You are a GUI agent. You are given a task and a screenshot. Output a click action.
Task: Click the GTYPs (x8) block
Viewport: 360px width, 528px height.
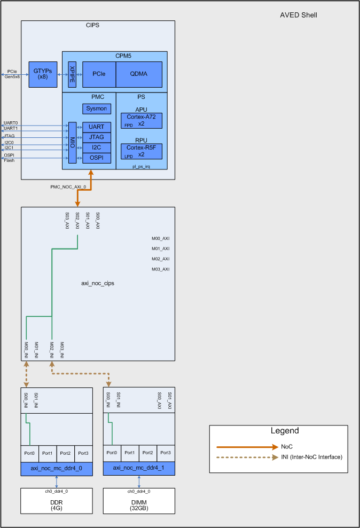point(43,74)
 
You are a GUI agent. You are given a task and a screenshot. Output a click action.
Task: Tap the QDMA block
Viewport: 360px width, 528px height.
point(139,74)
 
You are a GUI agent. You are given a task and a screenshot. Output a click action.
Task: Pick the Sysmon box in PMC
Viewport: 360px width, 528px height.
point(97,108)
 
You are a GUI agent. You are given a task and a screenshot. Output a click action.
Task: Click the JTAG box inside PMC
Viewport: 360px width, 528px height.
point(97,137)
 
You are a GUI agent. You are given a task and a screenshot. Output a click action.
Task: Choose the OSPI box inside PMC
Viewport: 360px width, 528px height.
point(97,158)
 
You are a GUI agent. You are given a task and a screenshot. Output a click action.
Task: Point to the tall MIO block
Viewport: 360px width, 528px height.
point(73,143)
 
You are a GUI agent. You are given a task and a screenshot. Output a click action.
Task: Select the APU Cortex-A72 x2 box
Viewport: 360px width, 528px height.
point(141,120)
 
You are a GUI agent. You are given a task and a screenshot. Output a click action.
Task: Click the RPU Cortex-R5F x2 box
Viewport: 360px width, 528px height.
point(141,151)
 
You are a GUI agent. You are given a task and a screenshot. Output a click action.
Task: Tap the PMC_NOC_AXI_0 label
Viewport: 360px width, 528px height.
point(68,187)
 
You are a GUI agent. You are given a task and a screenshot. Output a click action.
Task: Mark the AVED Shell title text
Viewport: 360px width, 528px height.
point(299,15)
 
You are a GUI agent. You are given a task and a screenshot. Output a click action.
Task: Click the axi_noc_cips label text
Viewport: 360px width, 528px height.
point(98,283)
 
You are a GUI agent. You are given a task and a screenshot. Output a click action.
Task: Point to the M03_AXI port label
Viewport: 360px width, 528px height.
point(160,269)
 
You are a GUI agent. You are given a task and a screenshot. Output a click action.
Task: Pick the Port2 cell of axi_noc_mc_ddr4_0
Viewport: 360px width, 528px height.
point(65,453)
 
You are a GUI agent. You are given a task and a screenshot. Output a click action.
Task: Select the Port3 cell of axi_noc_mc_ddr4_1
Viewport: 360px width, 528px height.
point(166,453)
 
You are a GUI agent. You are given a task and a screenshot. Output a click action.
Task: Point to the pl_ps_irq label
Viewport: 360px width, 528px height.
point(141,167)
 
